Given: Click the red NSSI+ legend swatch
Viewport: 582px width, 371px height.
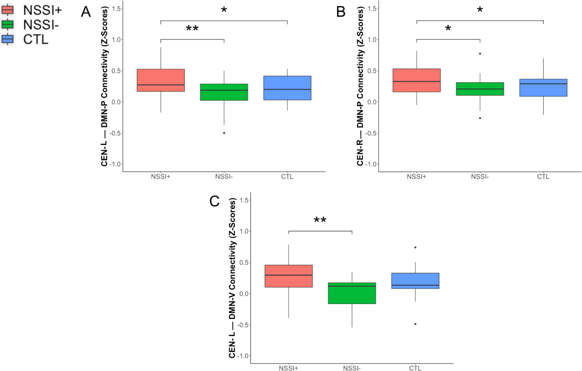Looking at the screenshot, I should (x=7, y=10).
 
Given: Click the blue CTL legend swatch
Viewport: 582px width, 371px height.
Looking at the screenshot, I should (x=7, y=39).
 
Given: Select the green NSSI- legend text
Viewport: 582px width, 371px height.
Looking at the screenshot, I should (x=41, y=25).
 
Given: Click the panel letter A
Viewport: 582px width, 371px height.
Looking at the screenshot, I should (x=86, y=12).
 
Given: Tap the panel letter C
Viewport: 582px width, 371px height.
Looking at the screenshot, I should (x=214, y=201).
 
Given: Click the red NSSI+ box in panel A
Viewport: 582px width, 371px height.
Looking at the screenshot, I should (x=161, y=80).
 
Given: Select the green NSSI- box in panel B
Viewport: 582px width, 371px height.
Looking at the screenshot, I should (x=480, y=89).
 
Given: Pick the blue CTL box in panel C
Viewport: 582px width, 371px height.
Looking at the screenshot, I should (x=415, y=280).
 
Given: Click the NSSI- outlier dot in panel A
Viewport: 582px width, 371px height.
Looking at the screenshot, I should (x=224, y=133).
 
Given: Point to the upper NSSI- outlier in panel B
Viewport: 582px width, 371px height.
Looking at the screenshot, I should (x=480, y=54).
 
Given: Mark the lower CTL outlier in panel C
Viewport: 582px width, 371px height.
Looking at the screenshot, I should (x=415, y=324).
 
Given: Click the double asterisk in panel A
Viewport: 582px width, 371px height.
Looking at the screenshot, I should (x=192, y=29).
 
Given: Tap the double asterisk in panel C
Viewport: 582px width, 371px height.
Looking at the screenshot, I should (x=320, y=220).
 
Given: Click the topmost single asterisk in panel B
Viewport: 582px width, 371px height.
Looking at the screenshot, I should (x=480, y=10).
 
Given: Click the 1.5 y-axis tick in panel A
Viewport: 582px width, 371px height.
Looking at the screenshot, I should (x=117, y=9).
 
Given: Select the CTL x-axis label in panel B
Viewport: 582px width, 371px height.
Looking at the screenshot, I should (x=543, y=177).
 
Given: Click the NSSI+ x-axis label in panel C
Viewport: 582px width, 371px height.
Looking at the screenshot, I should (x=288, y=368).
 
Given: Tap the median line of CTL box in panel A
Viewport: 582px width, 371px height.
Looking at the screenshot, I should (x=287, y=89).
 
